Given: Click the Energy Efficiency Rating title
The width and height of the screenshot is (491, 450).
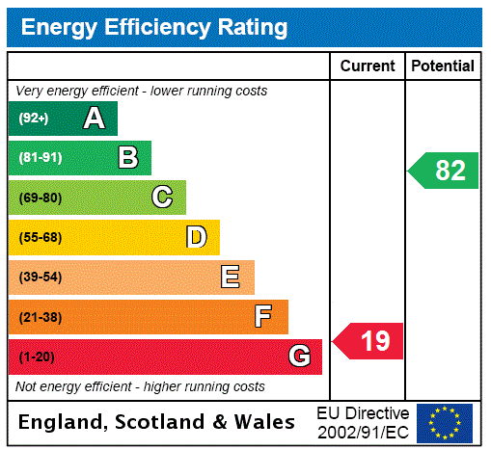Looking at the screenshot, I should click(x=154, y=28).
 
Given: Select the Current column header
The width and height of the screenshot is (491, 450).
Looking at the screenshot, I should click(x=368, y=66).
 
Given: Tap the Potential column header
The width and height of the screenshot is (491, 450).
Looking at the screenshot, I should click(x=443, y=66).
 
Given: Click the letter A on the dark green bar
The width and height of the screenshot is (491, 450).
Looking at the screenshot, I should click(x=94, y=119).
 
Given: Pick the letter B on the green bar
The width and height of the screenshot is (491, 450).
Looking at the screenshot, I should click(x=127, y=158).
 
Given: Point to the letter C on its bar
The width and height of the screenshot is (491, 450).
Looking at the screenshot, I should click(x=162, y=198).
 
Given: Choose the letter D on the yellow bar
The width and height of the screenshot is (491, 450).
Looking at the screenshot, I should click(x=196, y=237).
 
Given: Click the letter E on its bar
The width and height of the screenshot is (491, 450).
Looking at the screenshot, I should click(x=231, y=278).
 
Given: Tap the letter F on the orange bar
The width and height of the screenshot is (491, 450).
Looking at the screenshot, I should click(x=263, y=317).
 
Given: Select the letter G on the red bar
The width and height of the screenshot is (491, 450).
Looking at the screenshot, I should click(x=299, y=357).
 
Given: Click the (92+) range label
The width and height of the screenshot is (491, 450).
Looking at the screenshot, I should click(x=34, y=119).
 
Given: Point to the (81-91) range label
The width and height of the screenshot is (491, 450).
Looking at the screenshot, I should click(x=40, y=158).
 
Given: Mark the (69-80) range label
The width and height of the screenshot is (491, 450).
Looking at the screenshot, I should click(x=40, y=198).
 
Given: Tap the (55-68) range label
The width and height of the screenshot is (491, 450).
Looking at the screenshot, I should click(x=40, y=237).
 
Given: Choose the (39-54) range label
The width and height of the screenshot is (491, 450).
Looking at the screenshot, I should click(x=40, y=278).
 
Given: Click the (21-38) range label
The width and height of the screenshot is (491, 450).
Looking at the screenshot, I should click(x=40, y=317).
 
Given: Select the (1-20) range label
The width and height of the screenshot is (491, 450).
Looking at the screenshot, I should click(x=37, y=357).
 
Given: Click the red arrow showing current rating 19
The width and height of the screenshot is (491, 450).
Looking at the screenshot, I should click(x=369, y=341).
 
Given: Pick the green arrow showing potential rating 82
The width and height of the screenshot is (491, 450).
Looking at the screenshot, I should click(x=445, y=171).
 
